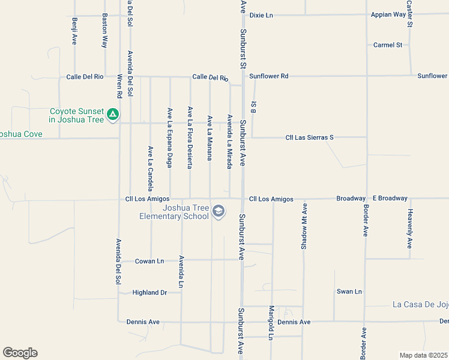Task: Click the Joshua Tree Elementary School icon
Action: pos(219,211)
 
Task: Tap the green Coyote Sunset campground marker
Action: pos(112,114)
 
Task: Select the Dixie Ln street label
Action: pos(261,15)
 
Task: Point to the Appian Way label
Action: pos(388,15)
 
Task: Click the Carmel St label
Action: pos(387,45)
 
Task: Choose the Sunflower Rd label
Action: pos(269,76)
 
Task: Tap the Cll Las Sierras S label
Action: pos(309,138)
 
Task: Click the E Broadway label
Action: pos(390,199)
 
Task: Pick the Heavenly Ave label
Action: pos(411,229)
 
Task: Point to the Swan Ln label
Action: pos(349,292)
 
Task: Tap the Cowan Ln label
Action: pos(149,261)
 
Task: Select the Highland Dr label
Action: pos(150,293)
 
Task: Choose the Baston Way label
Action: pos(104,31)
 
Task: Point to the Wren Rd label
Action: pos(119,86)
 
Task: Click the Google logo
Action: pos(20,353)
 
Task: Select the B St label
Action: pos(254,105)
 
